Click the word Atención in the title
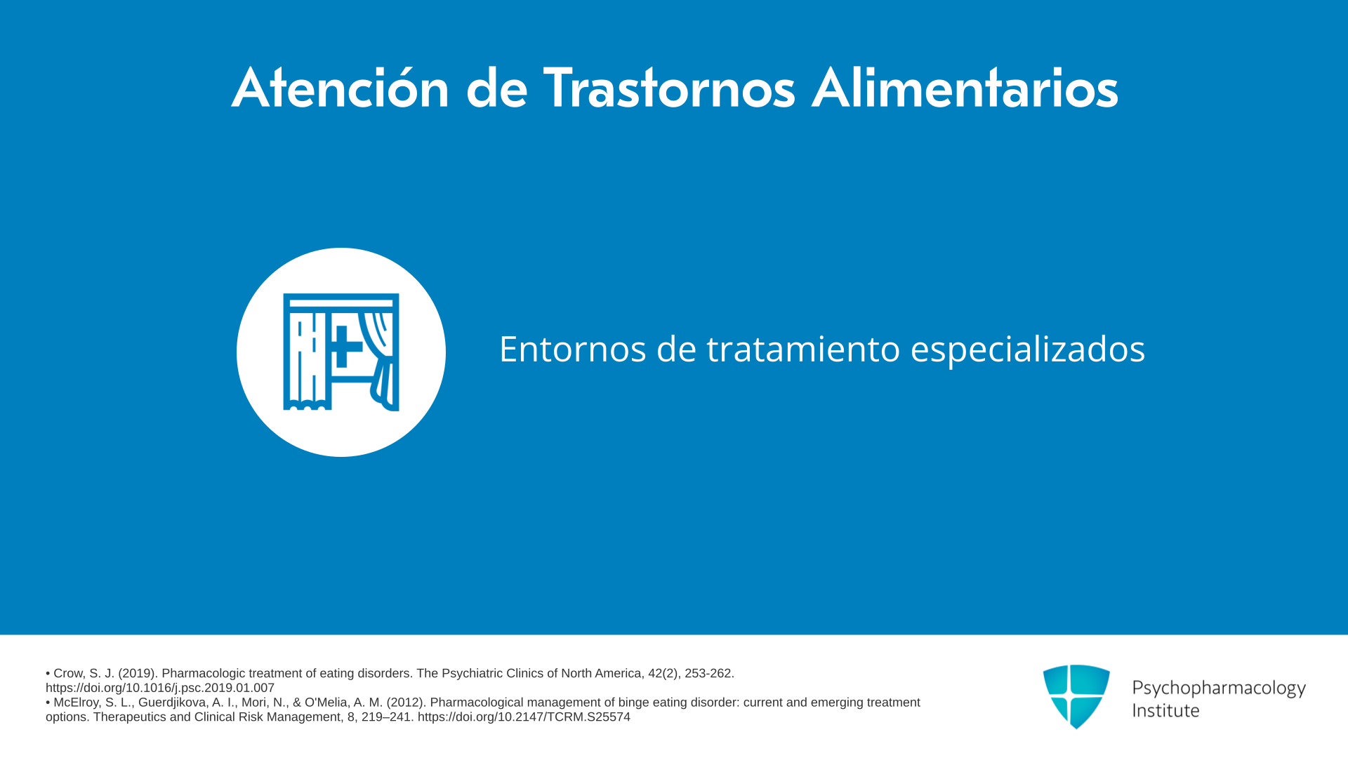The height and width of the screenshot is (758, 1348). [341, 88]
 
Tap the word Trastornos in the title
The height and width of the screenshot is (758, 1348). [669, 88]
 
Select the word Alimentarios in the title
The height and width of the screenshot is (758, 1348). [965, 88]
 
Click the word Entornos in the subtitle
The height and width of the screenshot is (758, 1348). [572, 349]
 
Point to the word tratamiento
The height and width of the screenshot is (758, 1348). [803, 349]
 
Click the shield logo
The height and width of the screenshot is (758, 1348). [1076, 696]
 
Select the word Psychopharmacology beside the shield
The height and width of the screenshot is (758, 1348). [1219, 689]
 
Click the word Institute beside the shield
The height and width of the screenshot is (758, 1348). [1165, 710]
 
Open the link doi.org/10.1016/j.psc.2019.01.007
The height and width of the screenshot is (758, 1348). [160, 688]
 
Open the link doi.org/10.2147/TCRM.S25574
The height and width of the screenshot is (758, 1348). [524, 717]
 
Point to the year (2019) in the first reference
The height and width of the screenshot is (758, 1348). [137, 673]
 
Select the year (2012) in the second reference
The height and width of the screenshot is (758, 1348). [405, 703]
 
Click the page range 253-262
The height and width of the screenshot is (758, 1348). [709, 673]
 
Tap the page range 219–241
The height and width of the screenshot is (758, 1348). [387, 717]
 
